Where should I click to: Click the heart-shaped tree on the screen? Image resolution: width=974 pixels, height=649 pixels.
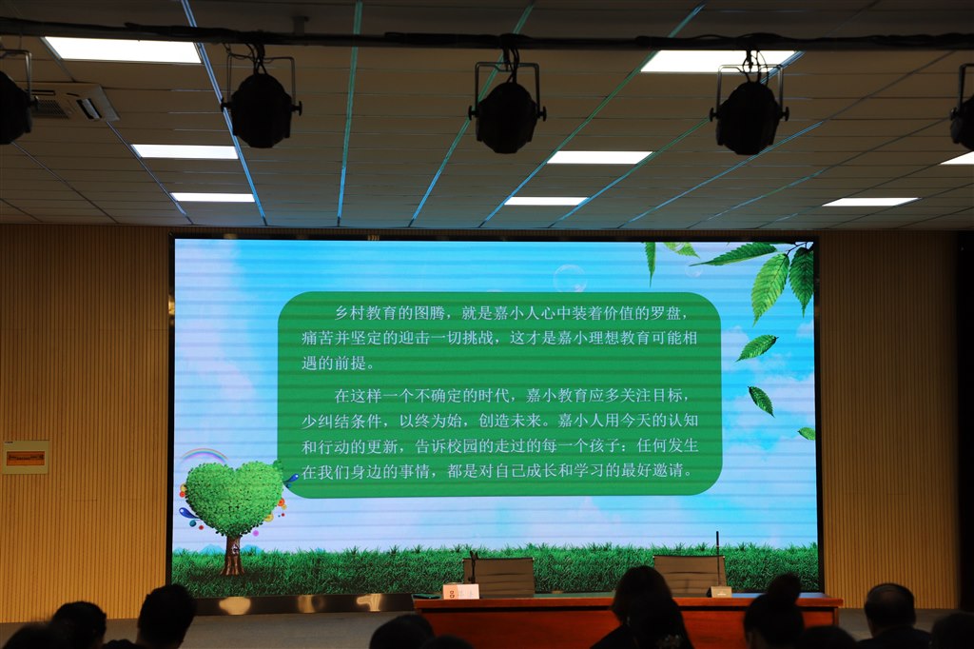click(233, 498)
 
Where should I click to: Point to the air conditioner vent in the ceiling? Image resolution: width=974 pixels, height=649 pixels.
click(73, 102)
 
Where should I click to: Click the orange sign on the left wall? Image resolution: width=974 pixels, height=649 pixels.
click(26, 459)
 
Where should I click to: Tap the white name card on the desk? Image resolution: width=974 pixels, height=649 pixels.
click(460, 591)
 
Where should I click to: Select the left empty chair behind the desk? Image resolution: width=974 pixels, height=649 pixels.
click(498, 578)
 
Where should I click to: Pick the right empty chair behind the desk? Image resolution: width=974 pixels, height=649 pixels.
click(690, 575)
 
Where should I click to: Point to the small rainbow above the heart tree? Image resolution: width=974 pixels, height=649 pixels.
click(204, 456)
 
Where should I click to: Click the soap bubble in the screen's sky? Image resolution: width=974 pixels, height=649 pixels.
click(570, 278)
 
